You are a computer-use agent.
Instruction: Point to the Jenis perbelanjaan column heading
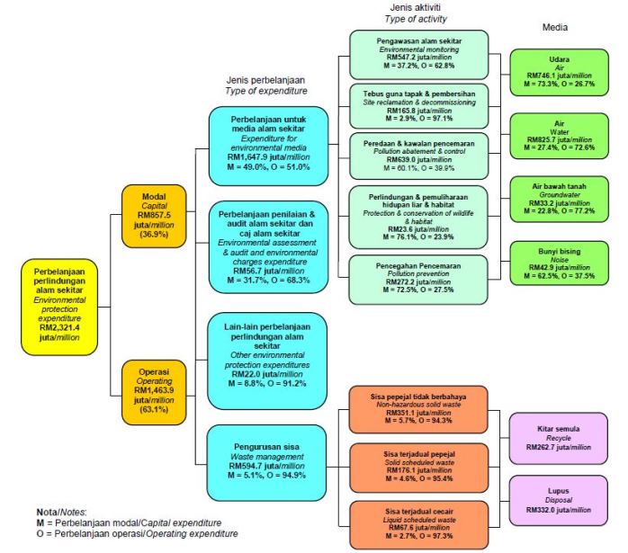[261, 86]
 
